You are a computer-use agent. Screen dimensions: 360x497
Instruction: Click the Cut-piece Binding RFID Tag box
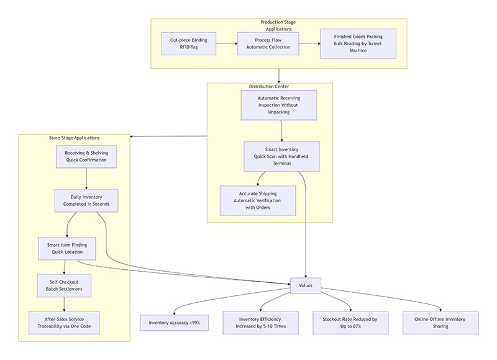click(x=188, y=44)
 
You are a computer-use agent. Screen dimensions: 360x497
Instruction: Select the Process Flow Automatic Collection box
click(x=268, y=44)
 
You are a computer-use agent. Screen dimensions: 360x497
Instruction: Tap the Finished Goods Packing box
click(x=358, y=44)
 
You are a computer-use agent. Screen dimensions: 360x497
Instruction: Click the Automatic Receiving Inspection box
click(x=278, y=105)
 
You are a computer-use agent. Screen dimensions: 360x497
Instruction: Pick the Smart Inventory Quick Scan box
click(x=281, y=156)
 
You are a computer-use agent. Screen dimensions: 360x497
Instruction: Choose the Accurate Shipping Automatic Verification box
click(x=257, y=200)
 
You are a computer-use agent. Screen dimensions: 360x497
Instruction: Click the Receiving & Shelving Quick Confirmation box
click(x=86, y=156)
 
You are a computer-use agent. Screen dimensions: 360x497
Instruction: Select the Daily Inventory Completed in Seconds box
click(x=86, y=200)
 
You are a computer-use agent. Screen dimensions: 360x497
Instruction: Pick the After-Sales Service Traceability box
click(x=64, y=323)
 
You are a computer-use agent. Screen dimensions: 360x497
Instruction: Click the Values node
click(x=305, y=286)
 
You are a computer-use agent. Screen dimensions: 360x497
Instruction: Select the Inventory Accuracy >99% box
click(x=174, y=323)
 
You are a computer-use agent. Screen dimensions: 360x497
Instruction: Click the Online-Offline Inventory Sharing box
click(x=440, y=323)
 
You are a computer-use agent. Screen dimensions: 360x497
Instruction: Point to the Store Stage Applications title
click(x=74, y=137)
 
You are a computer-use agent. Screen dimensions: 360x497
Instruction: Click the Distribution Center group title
click(x=269, y=86)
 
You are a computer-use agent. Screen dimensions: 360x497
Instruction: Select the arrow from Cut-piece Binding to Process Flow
click(x=227, y=44)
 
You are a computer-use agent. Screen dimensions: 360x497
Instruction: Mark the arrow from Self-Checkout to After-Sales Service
click(x=65, y=304)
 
